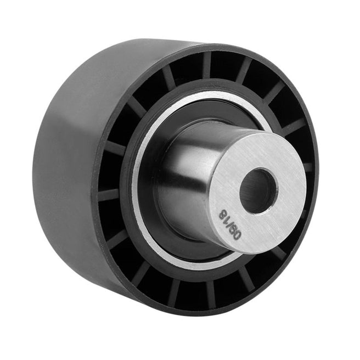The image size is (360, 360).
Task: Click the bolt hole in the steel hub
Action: (259, 191)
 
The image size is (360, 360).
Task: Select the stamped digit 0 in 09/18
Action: (238, 235)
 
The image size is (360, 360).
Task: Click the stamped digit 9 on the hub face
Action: (233, 230)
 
